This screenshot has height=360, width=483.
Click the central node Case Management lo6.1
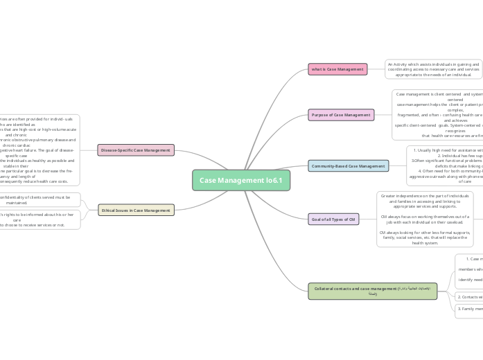click(240, 180)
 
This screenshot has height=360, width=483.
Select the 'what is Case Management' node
click(337, 69)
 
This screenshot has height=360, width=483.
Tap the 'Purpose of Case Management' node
click(341, 115)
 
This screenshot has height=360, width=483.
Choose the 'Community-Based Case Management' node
click(348, 166)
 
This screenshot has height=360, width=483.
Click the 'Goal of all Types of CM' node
click(333, 219)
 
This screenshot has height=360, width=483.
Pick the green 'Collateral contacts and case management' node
click(372, 291)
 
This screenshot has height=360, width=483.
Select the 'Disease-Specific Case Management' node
click(135, 150)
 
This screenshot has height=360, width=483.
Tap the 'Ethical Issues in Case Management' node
click(136, 210)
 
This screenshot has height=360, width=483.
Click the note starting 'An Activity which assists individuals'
click(433, 69)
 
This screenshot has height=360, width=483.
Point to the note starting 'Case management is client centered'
click(437, 115)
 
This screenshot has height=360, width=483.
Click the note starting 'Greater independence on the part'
click(425, 219)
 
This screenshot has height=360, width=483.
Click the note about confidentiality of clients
click(40, 199)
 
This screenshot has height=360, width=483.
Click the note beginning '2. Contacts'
click(469, 297)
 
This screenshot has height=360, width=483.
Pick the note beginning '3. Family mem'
click(469, 309)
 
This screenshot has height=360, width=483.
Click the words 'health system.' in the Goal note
click(425, 243)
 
